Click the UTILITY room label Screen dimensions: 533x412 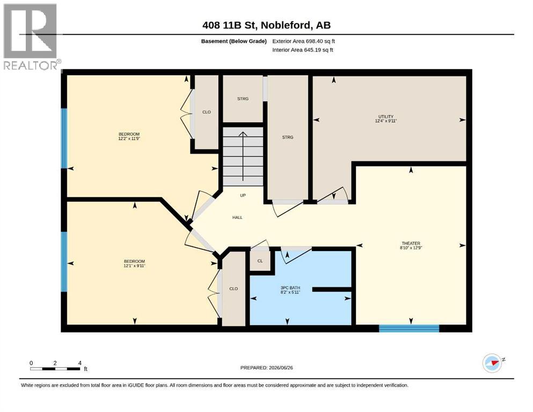click(x=386, y=116)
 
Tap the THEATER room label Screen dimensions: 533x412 click(x=411, y=243)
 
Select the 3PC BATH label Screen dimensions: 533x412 click(x=290, y=288)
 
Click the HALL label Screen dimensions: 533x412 click(x=237, y=217)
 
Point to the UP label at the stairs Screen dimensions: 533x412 click(x=243, y=195)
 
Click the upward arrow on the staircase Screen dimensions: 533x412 click(x=243, y=156)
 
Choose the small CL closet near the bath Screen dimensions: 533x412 click(x=260, y=261)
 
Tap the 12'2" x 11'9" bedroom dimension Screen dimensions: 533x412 click(x=129, y=138)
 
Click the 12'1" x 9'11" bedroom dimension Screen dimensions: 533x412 click(x=134, y=266)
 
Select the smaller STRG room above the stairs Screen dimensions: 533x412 click(x=243, y=99)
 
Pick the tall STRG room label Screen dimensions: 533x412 click(x=288, y=137)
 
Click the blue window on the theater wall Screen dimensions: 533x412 click(x=409, y=328)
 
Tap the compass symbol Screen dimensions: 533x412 click(x=493, y=363)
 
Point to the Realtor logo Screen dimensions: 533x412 click(x=31, y=36)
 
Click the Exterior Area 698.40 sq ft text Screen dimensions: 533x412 click(x=304, y=41)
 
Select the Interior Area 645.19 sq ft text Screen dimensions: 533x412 click(x=303, y=50)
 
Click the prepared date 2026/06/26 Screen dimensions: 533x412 click(x=281, y=367)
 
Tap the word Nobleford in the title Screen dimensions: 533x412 click(x=287, y=25)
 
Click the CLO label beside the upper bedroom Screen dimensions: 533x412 click(x=206, y=112)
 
